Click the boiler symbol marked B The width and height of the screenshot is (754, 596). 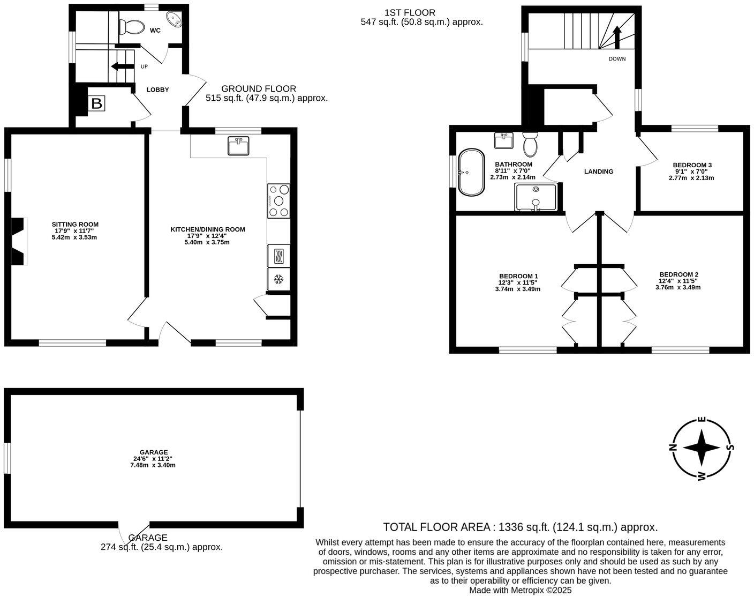[x=96, y=103]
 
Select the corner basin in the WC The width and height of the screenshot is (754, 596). [x=175, y=20]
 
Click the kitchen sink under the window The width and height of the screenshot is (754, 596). [x=238, y=146]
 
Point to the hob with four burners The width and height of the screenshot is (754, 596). [x=278, y=200]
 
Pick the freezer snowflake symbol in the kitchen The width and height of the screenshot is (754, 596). [x=278, y=279]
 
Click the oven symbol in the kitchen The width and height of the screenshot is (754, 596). [x=278, y=256]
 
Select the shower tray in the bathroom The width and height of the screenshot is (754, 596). [x=536, y=197]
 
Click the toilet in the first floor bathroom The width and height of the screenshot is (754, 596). [x=530, y=144]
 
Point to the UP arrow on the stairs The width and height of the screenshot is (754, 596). [x=122, y=66]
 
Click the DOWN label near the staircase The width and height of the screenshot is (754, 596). [x=617, y=59]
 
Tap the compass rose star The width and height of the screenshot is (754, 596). [x=702, y=448]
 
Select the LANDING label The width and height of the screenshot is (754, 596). [x=599, y=172]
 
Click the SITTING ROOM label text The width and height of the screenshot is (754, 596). [x=75, y=225]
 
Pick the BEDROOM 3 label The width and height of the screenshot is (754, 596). [x=692, y=165]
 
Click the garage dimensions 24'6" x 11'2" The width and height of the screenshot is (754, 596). [x=153, y=459]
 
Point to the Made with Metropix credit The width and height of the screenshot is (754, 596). [x=520, y=590]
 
